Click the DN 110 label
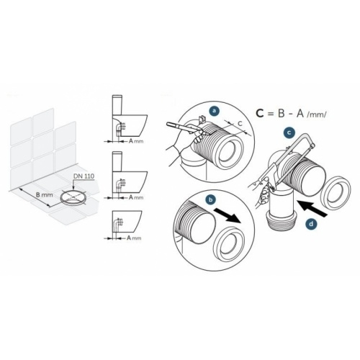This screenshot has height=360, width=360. point(84,176)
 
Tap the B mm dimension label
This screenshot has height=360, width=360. point(44,194)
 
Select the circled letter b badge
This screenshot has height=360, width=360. point(211,199)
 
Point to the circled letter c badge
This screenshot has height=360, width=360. point(289,132)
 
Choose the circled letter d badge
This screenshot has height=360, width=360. point(311,224)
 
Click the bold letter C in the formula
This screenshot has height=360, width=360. point(260,113)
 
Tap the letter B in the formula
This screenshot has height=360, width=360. point(282,113)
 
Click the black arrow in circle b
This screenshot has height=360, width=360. point(227,215)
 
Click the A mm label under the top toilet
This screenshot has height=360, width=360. point(136,141)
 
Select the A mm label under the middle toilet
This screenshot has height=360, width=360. point(136,197)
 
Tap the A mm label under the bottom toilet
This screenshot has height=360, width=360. point(134,238)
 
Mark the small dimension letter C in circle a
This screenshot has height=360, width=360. point(239,123)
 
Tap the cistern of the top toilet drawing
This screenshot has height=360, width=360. point(117,105)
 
